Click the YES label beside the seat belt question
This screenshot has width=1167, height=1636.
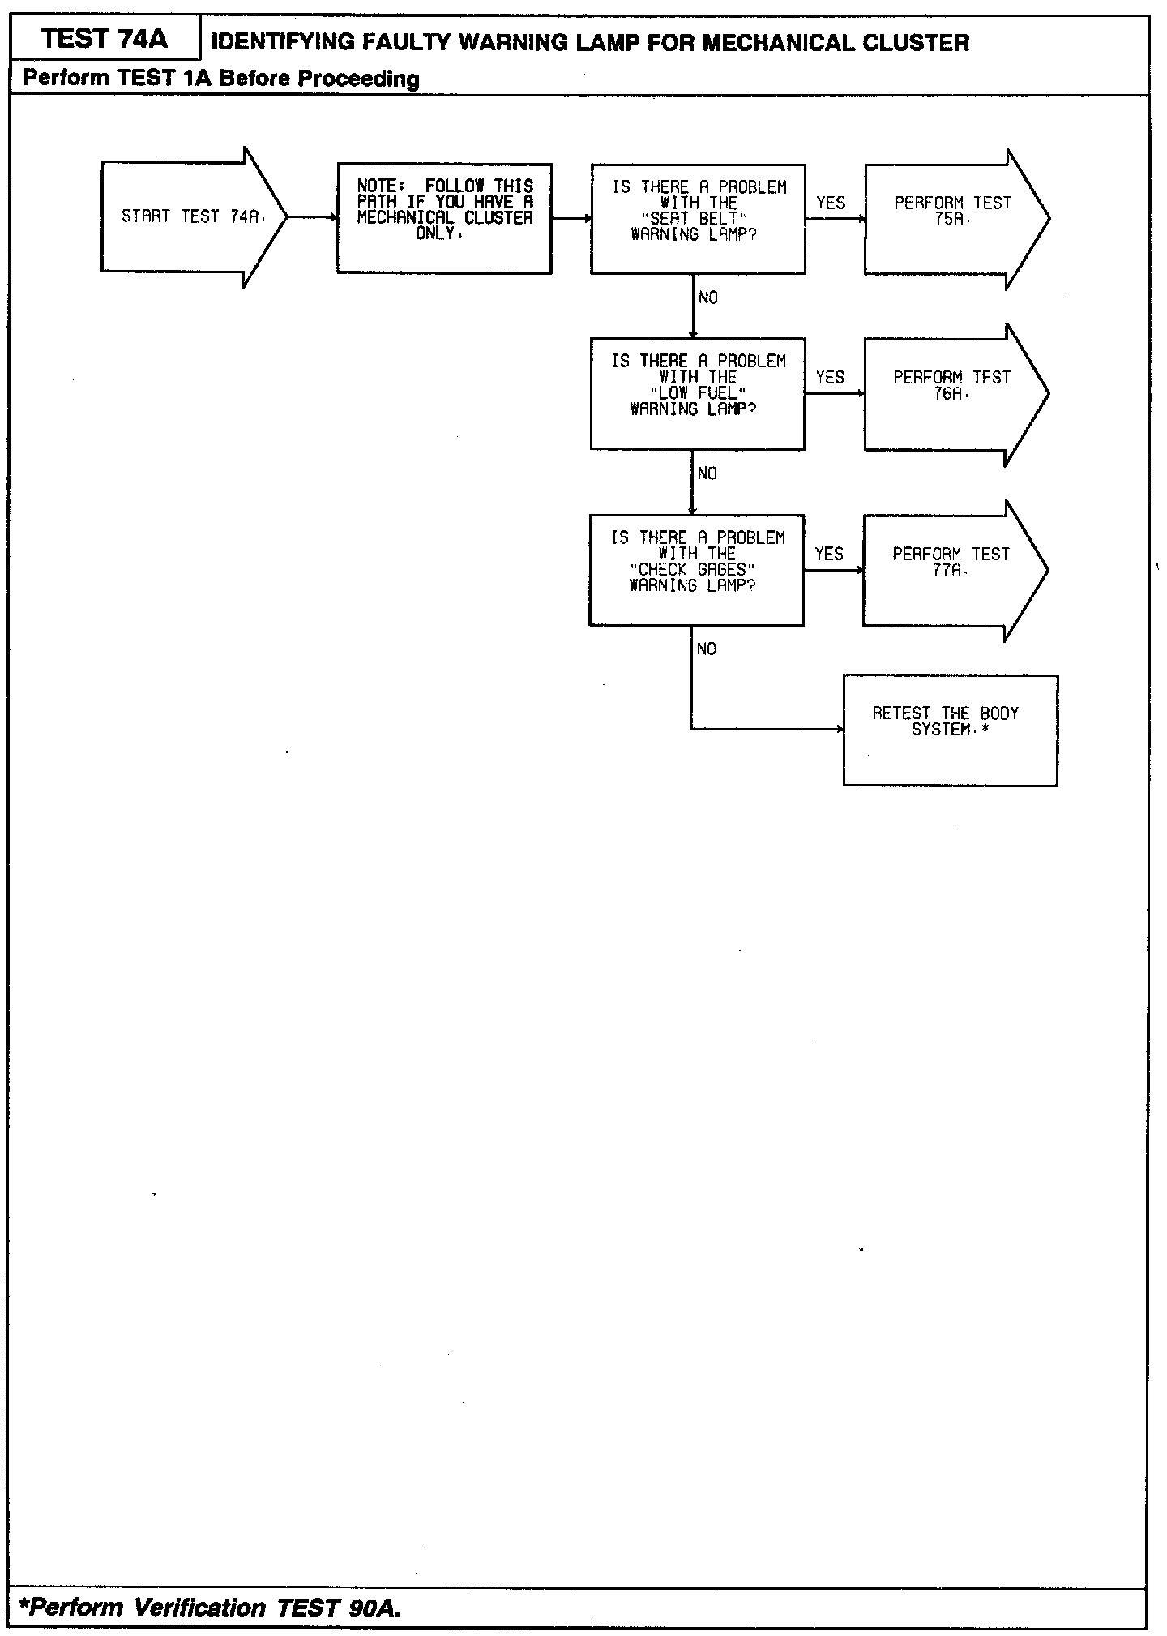coord(831,203)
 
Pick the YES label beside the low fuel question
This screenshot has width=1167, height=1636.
coord(830,377)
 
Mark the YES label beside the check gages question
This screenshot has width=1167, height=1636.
coord(829,554)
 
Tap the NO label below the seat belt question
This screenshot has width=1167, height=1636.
coord(708,298)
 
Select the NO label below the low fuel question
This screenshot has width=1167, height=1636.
coord(707,473)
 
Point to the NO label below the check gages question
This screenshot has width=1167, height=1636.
coord(707,649)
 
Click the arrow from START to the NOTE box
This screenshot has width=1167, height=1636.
coord(313,217)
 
